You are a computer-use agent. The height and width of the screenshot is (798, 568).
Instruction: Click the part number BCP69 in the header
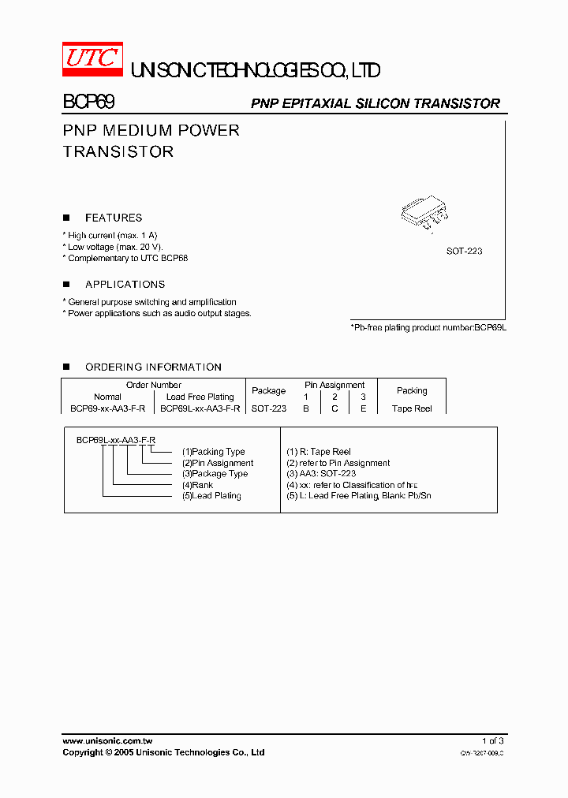click(x=89, y=103)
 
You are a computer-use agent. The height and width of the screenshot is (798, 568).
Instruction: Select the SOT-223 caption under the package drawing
click(x=464, y=251)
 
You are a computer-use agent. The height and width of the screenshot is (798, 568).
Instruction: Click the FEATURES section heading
click(x=114, y=218)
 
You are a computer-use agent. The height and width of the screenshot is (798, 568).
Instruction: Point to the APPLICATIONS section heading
click(x=125, y=284)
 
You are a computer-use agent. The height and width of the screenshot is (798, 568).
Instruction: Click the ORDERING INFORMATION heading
click(x=153, y=367)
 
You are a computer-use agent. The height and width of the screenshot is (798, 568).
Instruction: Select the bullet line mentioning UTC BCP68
click(x=126, y=258)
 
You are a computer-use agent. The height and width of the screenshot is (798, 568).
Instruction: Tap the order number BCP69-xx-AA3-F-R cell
click(x=108, y=408)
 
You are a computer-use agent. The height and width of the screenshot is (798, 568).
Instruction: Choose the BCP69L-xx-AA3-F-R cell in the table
click(x=200, y=408)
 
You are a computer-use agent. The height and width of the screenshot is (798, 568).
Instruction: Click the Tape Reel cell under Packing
click(x=412, y=408)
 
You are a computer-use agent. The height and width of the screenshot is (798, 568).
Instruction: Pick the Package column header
click(x=268, y=390)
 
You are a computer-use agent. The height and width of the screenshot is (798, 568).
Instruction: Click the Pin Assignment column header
click(x=334, y=385)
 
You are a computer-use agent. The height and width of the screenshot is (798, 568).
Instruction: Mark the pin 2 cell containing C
click(x=334, y=408)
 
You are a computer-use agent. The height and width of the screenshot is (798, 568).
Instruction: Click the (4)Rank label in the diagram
click(x=197, y=485)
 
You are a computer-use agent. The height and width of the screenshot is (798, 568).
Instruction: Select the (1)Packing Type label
click(x=213, y=452)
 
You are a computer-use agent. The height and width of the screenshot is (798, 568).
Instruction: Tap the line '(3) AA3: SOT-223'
click(x=321, y=474)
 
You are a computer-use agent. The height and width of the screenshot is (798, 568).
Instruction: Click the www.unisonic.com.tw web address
click(x=107, y=740)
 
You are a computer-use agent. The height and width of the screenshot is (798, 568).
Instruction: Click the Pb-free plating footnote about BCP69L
click(x=428, y=326)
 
